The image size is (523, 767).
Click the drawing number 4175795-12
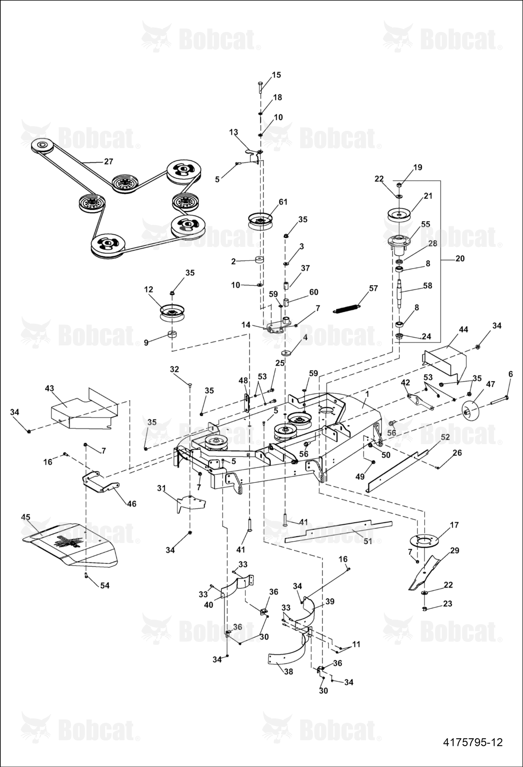pyautogui.click(x=473, y=742)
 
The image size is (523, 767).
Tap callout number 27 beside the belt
pyautogui.click(x=109, y=162)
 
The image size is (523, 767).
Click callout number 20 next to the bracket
pyautogui.click(x=460, y=259)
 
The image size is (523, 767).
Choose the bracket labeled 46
pyautogui.click(x=101, y=482)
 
